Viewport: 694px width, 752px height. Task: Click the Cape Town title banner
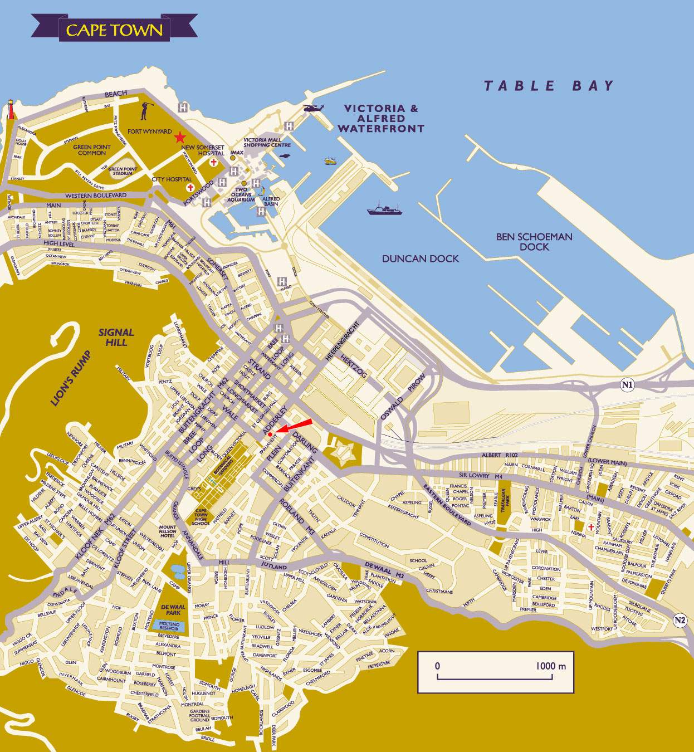114,30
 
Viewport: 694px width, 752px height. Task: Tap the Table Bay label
549,86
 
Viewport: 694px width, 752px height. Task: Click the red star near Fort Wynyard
180,137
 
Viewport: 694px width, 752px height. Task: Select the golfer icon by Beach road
145,111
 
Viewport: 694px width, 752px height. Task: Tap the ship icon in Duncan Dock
384,209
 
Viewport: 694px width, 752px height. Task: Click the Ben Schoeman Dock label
534,242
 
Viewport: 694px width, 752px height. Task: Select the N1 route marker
628,384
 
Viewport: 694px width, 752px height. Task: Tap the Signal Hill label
116,337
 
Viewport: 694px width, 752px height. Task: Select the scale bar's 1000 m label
551,666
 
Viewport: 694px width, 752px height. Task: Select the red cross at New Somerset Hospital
213,162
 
